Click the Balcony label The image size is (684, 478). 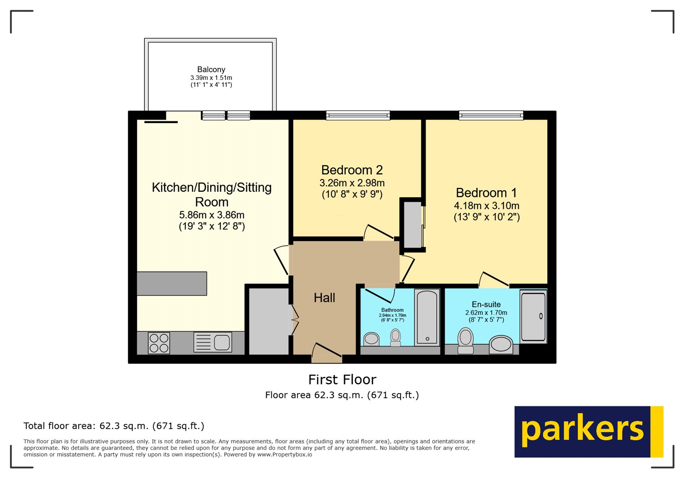pyautogui.click(x=211, y=70)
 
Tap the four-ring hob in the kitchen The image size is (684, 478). pyautogui.click(x=159, y=343)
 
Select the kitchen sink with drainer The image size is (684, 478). pyautogui.click(x=213, y=342)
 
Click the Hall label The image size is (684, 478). pyautogui.click(x=324, y=298)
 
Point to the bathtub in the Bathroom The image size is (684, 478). pyautogui.click(x=427, y=317)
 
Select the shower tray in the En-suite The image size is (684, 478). pyautogui.click(x=533, y=317)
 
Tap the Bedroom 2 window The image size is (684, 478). pyautogui.click(x=358, y=115)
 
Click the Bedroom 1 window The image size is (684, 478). pyautogui.click(x=491, y=115)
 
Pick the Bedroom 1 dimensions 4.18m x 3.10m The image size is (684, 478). pyautogui.click(x=486, y=206)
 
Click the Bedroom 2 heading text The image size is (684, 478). pyautogui.click(x=352, y=170)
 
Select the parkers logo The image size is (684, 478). pyautogui.click(x=588, y=431)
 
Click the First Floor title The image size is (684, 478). pyautogui.click(x=342, y=379)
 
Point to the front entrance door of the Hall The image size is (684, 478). pyautogui.click(x=327, y=352)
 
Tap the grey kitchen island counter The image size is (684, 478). pyautogui.click(x=172, y=284)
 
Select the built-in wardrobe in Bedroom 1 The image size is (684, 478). pyautogui.click(x=413, y=225)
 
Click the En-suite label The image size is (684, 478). pyautogui.click(x=486, y=305)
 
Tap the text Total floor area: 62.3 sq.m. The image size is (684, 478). pyautogui.click(x=114, y=426)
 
